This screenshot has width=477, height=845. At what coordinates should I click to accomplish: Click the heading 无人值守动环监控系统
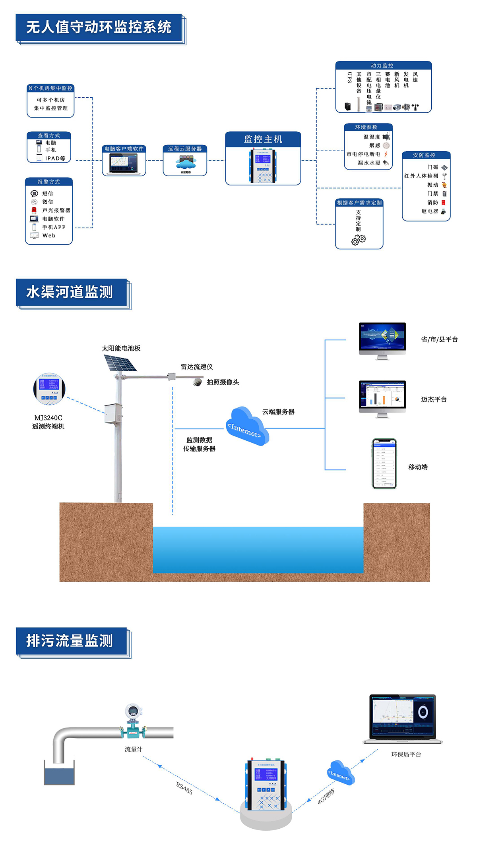pyautogui.click(x=99, y=27)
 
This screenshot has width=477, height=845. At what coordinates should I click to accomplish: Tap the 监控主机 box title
pyautogui.click(x=263, y=139)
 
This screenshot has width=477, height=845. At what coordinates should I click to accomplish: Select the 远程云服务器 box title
pyautogui.click(x=185, y=149)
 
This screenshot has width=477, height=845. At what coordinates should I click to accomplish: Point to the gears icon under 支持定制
pyautogui.click(x=359, y=239)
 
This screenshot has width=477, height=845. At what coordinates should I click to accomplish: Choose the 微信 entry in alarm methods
pyautogui.click(x=47, y=202)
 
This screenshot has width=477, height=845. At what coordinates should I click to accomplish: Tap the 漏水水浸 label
pyautogui.click(x=369, y=163)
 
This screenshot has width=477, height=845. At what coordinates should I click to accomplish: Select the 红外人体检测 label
pyautogui.click(x=421, y=176)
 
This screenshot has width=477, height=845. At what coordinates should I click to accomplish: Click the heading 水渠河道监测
pyautogui.click(x=70, y=292)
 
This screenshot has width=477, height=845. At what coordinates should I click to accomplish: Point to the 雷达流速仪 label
pyautogui.click(x=197, y=367)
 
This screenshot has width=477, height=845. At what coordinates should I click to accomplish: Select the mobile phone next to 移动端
pyautogui.click(x=384, y=464)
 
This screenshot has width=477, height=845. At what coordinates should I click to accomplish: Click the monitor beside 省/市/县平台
pyautogui.click(x=382, y=340)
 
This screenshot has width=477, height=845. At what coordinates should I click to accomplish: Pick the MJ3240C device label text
pyautogui.click(x=48, y=418)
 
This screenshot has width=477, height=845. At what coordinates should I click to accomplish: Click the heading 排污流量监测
pyautogui.click(x=70, y=641)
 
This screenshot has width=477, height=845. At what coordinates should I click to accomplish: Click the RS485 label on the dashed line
pyautogui.click(x=184, y=788)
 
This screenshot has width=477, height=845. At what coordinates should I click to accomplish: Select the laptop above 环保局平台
pyautogui.click(x=403, y=719)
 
